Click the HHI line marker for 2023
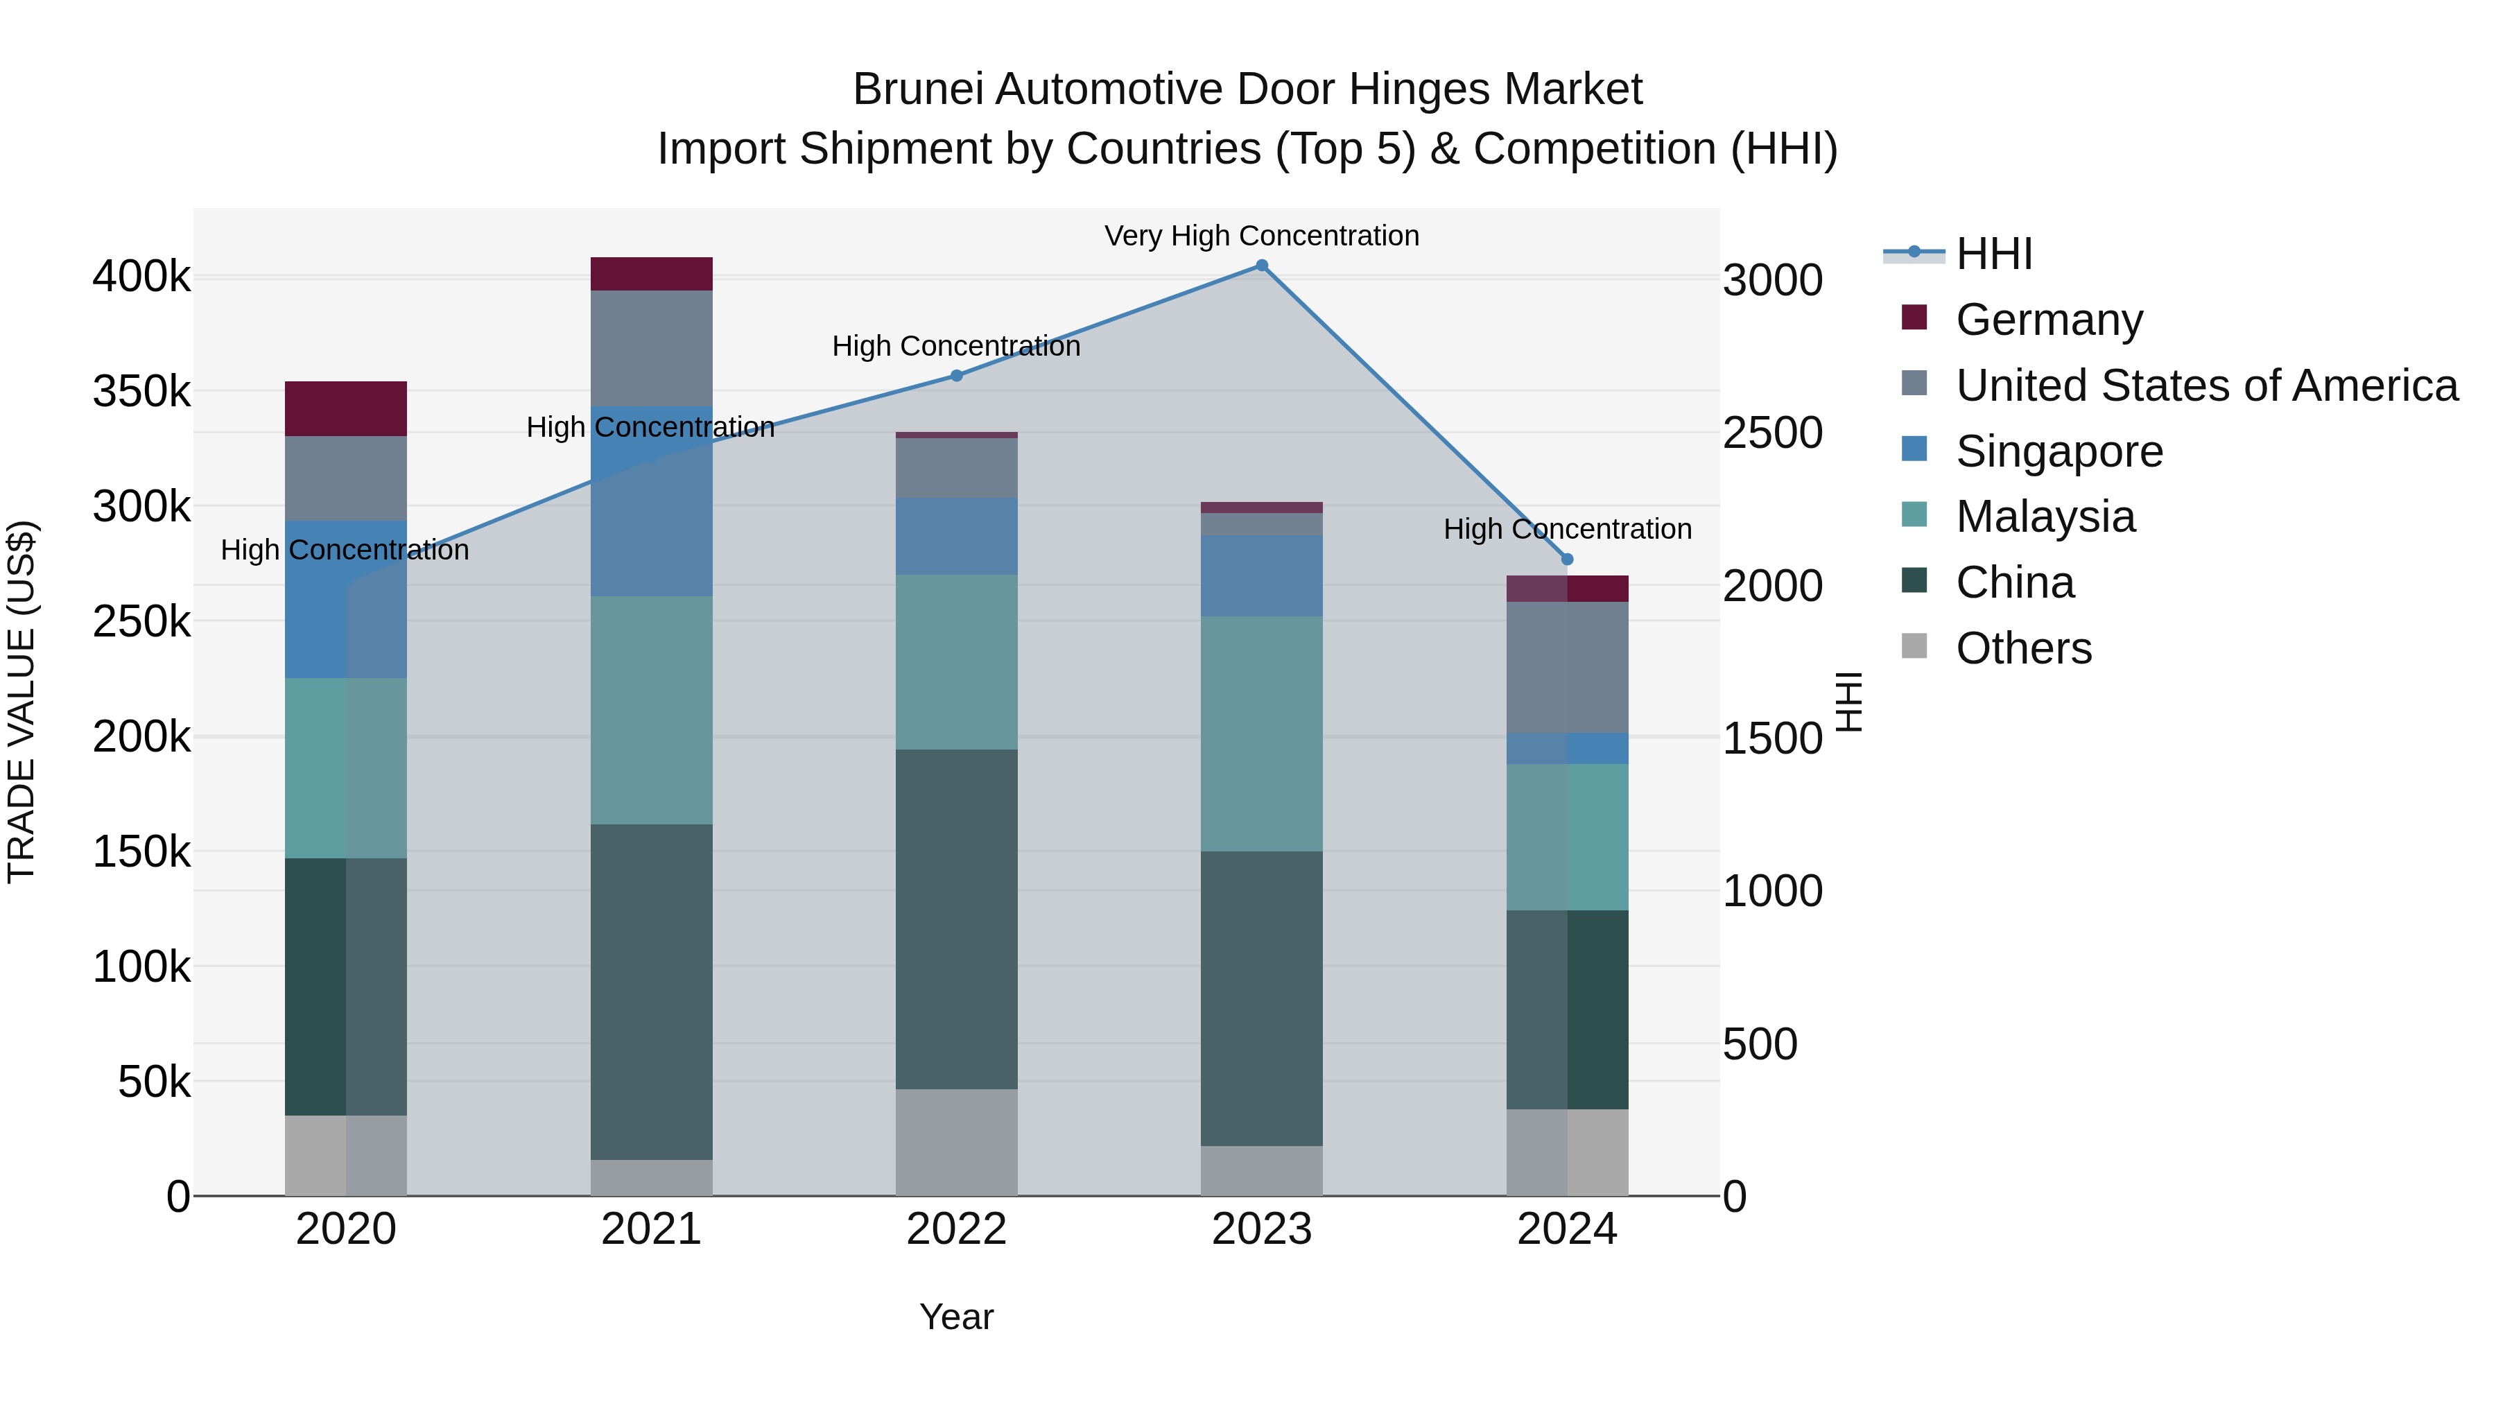1262,266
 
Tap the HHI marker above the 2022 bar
956,376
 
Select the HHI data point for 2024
1568,559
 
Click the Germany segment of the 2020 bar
346,409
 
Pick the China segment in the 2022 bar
956,919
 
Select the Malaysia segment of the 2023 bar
1262,734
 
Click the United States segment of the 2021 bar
651,348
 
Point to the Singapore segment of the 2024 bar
1568,748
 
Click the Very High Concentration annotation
1262,236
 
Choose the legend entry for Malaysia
2045,517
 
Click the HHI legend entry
1993,254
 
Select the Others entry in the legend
2023,648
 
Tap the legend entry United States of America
2206,385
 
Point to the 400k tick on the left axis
141,277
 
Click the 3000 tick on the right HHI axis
1772,281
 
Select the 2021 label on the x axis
651,1229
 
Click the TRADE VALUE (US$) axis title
21,702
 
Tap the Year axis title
956,1317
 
